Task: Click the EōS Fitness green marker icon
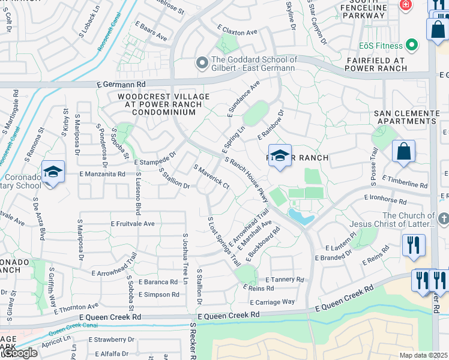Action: click(x=412, y=45)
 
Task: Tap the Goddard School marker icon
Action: click(x=202, y=63)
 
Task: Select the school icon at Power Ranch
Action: click(x=280, y=157)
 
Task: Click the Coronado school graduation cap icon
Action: click(x=53, y=173)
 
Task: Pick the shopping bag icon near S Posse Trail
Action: click(x=404, y=152)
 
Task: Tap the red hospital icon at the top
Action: click(x=406, y=4)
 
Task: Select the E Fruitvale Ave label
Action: click(x=133, y=223)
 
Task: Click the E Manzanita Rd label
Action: click(x=103, y=174)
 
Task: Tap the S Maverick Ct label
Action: click(x=211, y=177)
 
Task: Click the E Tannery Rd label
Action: click(x=285, y=280)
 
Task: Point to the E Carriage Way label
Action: click(x=273, y=302)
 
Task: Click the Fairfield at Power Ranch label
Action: click(x=385, y=65)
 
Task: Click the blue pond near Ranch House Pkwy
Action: click(x=301, y=216)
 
